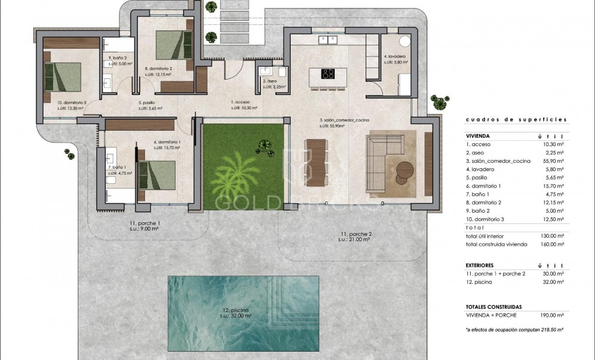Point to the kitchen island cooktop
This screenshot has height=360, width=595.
click(x=328, y=74)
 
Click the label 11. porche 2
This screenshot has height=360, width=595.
click(x=355, y=236)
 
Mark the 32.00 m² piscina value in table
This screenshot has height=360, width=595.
click(x=552, y=282)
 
